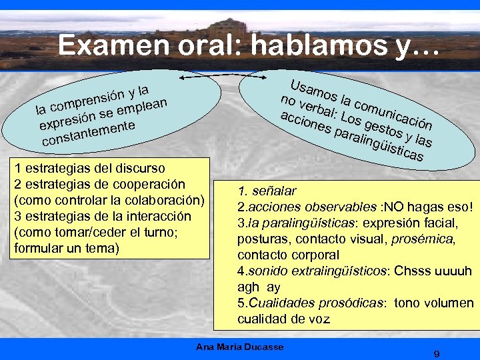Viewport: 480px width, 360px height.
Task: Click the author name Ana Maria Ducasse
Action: [x=240, y=347]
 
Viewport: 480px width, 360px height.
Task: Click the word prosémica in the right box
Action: [x=423, y=239]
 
